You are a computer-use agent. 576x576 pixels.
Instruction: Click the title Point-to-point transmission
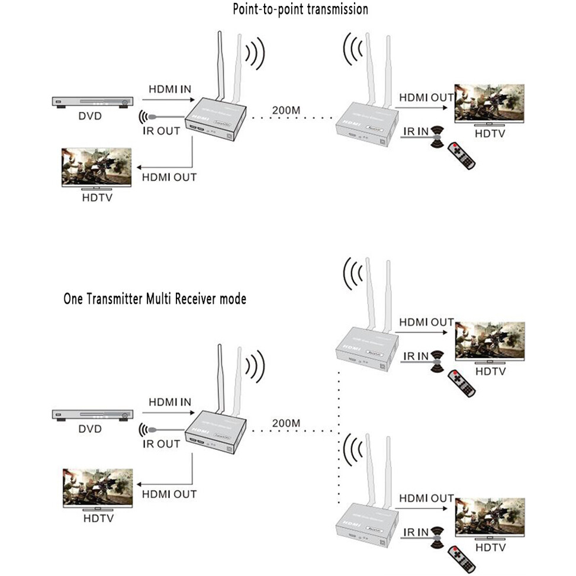[x=300, y=9]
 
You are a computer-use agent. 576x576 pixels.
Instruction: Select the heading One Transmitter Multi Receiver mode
[x=155, y=299]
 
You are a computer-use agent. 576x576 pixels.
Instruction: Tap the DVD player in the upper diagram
[x=91, y=102]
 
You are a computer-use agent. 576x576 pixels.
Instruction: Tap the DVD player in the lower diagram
[x=91, y=415]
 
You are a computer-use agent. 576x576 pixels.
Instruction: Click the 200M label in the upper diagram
[x=286, y=110]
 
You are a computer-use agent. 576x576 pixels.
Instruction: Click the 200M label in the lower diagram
[x=286, y=423]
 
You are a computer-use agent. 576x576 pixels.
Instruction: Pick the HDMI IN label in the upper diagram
[x=170, y=89]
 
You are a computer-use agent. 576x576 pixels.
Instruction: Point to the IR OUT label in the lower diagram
[x=161, y=443]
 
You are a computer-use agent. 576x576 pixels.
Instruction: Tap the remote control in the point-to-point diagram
[x=461, y=156]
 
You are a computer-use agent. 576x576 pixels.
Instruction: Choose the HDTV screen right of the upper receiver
[x=489, y=103]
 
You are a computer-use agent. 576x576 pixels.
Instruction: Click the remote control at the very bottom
[x=461, y=559]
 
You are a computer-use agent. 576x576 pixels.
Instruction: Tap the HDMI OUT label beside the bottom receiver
[x=426, y=498]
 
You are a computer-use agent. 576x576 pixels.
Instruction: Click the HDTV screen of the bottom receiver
[x=489, y=516]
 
